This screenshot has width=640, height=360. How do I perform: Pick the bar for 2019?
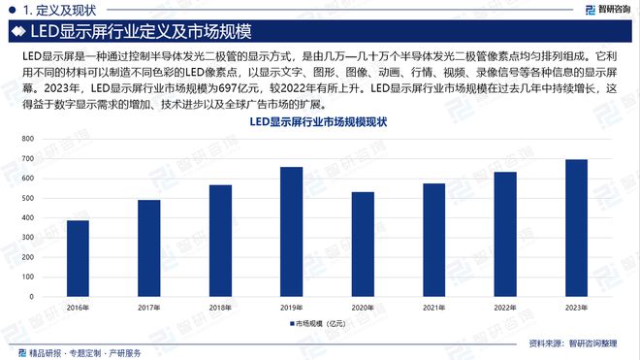pos(291,233)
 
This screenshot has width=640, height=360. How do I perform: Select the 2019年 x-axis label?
pos(291,308)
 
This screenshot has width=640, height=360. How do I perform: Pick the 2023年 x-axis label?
pos(576,308)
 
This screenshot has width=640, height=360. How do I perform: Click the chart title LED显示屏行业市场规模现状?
pos(319,121)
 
